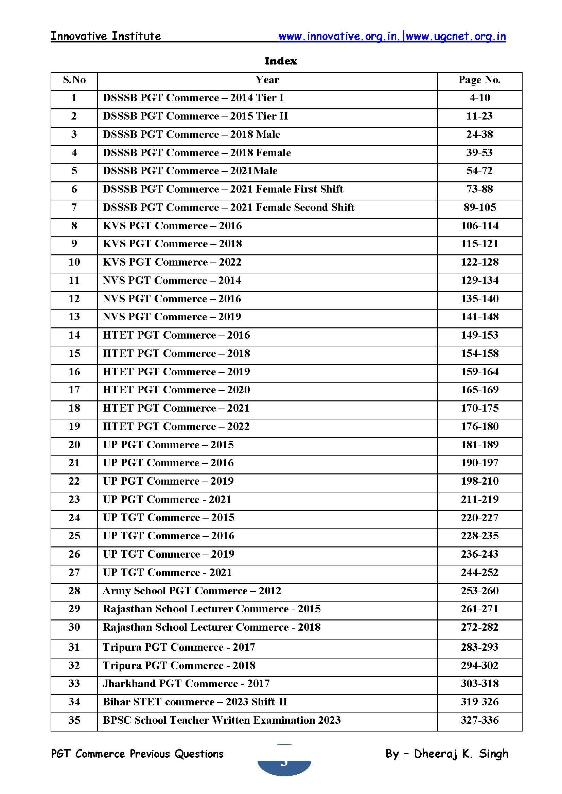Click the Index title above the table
pos(281,61)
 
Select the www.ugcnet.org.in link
pos(456,37)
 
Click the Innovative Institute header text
pos(106,36)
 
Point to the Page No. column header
pos(479,80)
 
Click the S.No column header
pos(74,80)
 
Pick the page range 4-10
pos(479,98)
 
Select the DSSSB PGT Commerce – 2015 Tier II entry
pos(195,116)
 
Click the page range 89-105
pos(479,207)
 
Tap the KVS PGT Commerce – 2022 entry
pos(172,262)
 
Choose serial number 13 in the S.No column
pos(74,317)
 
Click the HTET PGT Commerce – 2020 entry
pos(176,390)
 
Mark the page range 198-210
pos(479,481)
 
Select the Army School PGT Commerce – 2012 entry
pos(192,591)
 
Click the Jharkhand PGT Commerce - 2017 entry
pos(186,683)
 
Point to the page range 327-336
pos(479,720)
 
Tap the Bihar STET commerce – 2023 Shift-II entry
pos(195,702)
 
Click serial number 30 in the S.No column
pos(74,627)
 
